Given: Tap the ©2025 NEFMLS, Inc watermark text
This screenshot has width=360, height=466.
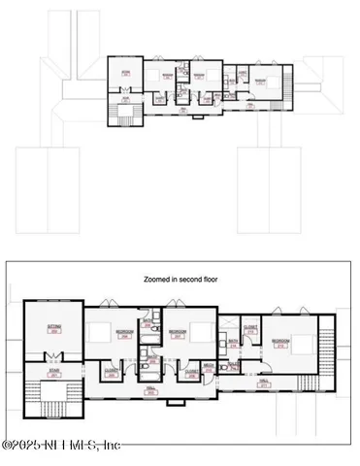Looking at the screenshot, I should [x=60, y=445].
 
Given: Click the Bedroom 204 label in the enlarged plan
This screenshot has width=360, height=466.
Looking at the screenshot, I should [x=124, y=333].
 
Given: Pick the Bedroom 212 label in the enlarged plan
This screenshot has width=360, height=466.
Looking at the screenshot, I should [x=282, y=343].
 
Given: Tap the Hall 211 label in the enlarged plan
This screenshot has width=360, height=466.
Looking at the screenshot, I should [x=263, y=383].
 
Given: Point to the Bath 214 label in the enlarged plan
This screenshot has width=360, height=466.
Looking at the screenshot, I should [x=234, y=344].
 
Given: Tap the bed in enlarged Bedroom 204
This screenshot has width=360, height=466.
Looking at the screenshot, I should [x=99, y=333].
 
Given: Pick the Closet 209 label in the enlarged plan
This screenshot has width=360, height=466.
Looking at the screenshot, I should [x=190, y=371].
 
